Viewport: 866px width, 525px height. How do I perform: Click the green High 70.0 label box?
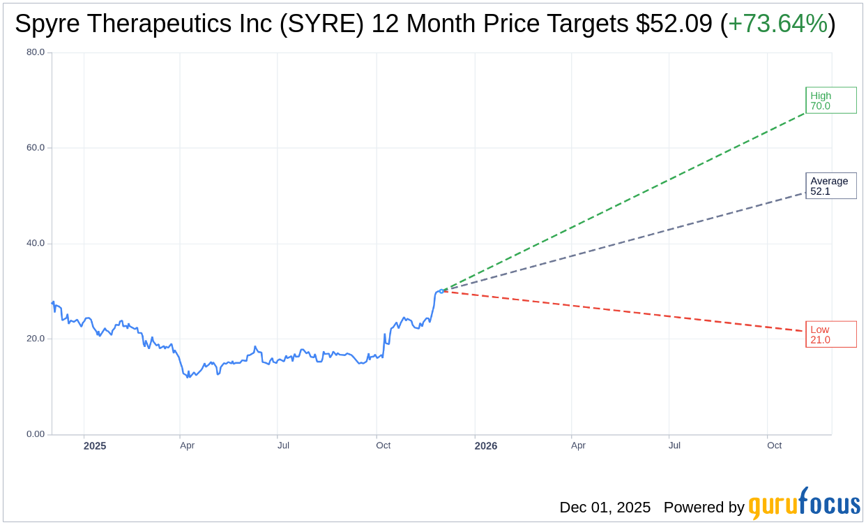(830, 101)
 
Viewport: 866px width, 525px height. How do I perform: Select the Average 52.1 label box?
(830, 186)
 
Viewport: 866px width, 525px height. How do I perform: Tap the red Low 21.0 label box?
(830, 334)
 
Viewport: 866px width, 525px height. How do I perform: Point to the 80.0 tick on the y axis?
(36, 52)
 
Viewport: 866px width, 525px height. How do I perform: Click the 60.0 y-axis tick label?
(36, 148)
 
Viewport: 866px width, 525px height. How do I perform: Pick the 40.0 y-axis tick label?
(36, 244)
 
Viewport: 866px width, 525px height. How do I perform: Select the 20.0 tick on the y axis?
(36, 339)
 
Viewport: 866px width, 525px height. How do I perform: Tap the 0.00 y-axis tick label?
(36, 434)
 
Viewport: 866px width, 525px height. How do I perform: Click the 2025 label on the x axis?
(95, 445)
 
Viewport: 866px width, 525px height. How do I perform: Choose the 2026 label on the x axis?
(486, 445)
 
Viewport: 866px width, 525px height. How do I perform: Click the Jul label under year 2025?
(283, 445)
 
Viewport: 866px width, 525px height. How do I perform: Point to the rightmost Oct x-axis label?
(774, 445)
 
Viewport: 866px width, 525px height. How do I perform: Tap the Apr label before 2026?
(187, 445)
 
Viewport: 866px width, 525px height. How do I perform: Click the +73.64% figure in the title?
(777, 24)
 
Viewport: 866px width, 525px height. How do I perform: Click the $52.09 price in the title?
(674, 24)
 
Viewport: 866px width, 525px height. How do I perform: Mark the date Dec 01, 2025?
(605, 508)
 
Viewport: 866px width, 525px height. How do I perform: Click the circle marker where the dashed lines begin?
(441, 291)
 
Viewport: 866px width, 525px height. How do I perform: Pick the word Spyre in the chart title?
(42, 24)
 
